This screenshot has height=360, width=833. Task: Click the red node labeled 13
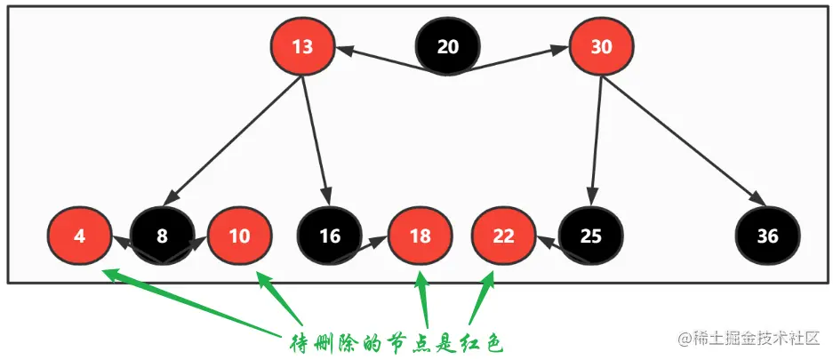point(302,46)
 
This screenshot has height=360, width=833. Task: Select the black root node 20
point(448,46)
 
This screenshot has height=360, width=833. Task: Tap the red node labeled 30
point(601,46)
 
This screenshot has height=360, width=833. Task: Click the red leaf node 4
point(79,236)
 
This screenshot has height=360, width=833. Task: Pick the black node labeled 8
point(162,236)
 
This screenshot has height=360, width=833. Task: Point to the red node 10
point(239,236)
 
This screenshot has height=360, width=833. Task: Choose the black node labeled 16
point(329,236)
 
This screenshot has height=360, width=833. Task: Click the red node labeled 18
point(421,236)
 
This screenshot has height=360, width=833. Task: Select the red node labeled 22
point(503,236)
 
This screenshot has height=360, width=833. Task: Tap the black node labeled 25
point(591,236)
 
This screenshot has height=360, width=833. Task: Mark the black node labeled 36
point(768,236)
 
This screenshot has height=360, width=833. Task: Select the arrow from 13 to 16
point(316,140)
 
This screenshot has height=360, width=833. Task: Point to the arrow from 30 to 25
point(597,140)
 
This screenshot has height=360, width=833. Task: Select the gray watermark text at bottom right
point(751,340)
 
